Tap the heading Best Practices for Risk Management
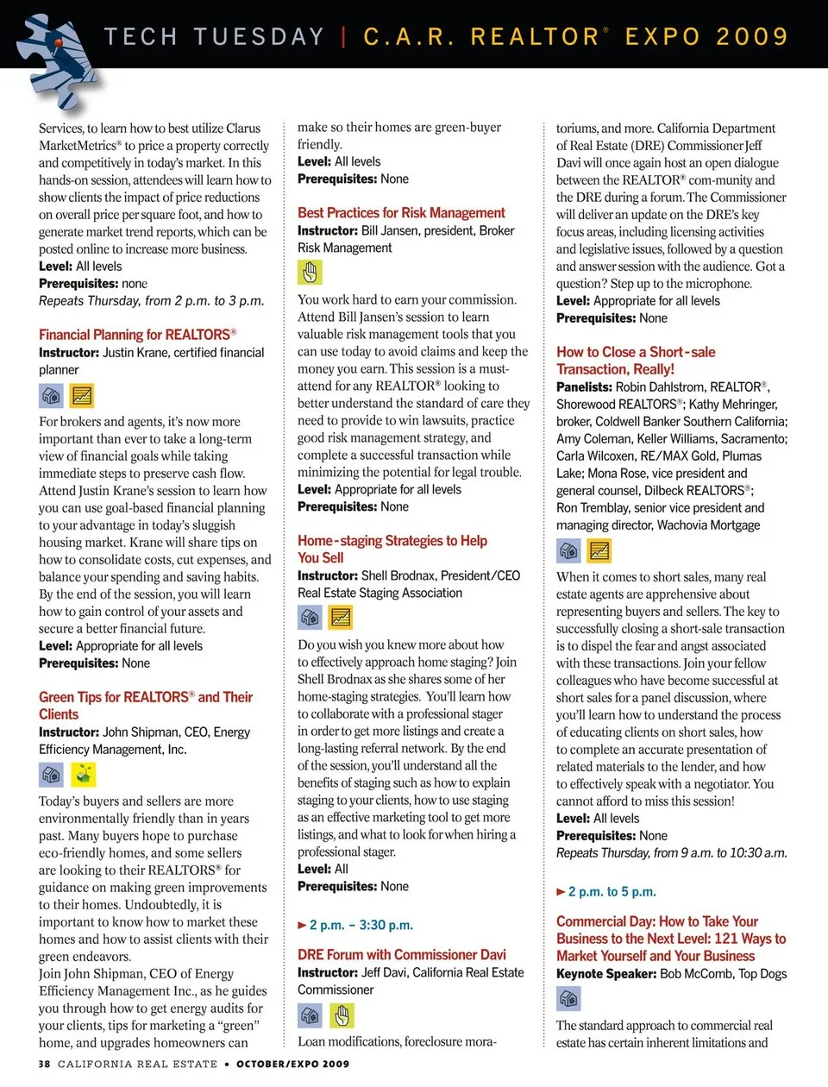point(401,213)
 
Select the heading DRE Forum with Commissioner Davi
point(401,955)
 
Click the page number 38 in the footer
point(44,1064)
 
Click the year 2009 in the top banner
point(751,37)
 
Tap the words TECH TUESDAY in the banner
point(214,37)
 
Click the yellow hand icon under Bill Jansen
point(310,273)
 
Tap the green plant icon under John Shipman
point(83,774)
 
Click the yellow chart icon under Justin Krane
point(82,395)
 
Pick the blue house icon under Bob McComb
point(568,998)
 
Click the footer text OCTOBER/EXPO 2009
point(293,1064)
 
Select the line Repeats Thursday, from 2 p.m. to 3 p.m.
point(151,301)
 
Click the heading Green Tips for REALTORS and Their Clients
point(145,705)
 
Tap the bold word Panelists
point(584,387)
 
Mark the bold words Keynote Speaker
point(605,974)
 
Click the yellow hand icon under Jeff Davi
point(342,1015)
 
